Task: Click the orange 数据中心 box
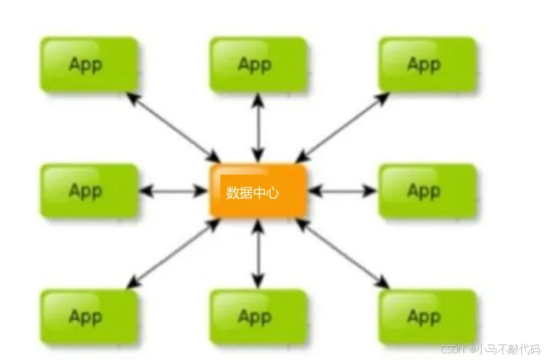259,191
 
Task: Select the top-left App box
89,64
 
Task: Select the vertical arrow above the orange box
258,128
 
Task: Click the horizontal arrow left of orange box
174,191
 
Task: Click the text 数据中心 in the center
253,193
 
